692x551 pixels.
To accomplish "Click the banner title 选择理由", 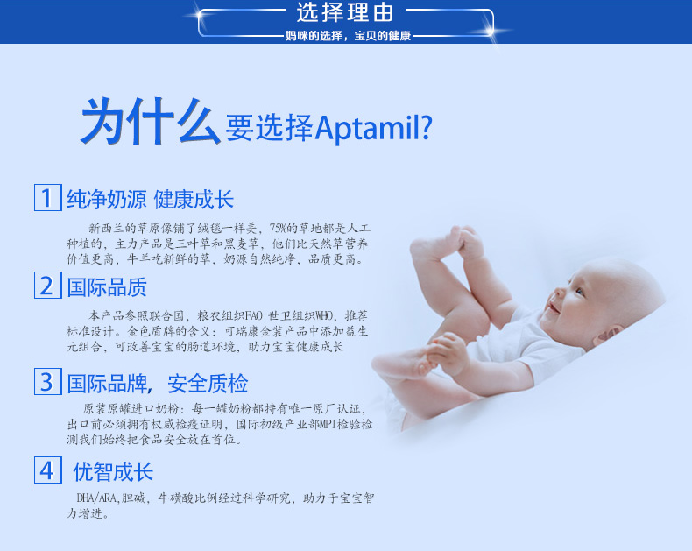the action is tap(344, 12).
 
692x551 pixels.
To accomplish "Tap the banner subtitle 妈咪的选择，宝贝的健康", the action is tap(349, 36).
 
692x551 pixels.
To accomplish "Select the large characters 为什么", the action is tap(150, 122).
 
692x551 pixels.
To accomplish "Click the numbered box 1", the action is tap(47, 197).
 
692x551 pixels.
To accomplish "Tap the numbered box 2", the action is tap(47, 286).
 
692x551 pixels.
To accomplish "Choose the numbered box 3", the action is tap(47, 381).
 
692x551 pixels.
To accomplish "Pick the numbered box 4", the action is tap(47, 470).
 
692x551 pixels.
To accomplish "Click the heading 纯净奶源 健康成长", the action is tap(150, 200).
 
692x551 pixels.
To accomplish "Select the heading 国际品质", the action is tap(107, 287).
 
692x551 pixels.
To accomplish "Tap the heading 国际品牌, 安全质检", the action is tap(158, 383).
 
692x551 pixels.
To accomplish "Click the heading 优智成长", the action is tap(113, 472).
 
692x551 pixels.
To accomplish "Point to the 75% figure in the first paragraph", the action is tap(278, 229).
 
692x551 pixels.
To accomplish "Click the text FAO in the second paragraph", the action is tap(253, 316).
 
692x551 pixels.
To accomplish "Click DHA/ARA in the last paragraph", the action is tap(96, 498).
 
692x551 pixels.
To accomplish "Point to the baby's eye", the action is tap(579, 292).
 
